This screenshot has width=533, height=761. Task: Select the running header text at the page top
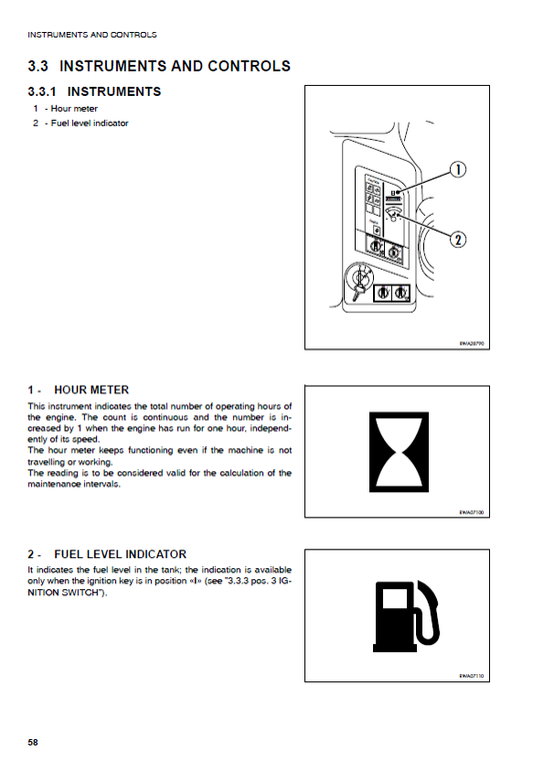tap(92, 35)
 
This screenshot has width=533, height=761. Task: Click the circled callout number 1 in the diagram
tap(457, 170)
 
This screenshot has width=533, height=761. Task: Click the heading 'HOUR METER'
tap(91, 389)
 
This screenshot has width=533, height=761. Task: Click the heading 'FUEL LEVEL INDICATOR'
tap(120, 554)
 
